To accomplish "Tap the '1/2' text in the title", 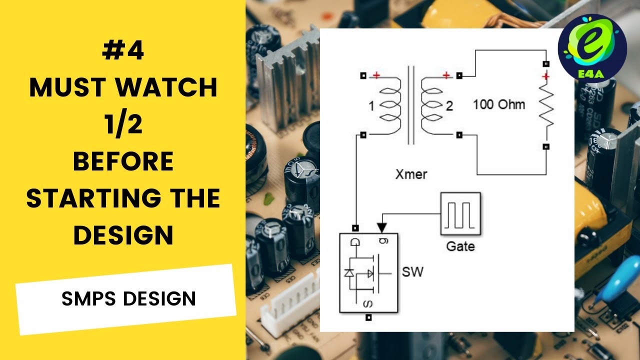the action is pos(123,124).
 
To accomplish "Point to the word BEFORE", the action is pos(123,161).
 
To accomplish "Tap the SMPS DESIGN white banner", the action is pos(126,298).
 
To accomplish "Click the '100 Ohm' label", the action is pos(499,104).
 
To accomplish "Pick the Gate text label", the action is pos(460,246).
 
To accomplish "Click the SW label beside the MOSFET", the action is pos(412,272).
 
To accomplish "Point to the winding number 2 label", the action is pos(449,106).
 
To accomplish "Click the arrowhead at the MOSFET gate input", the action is pos(381,228).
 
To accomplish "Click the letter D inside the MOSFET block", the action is pos(355,242).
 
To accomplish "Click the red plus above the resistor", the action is pos(546,76).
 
